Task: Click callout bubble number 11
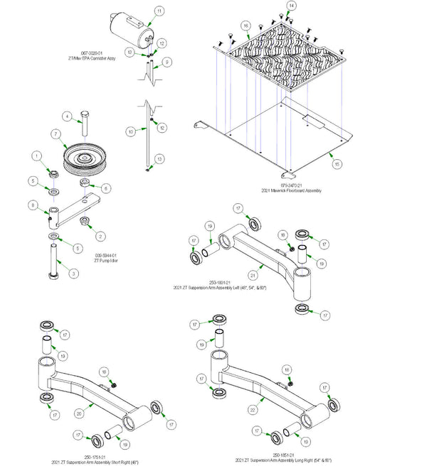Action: [159, 11]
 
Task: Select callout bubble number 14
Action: [290, 6]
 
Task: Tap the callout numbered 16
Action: [246, 26]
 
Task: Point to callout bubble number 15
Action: [337, 163]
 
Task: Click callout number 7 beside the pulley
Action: [55, 134]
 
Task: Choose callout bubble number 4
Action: [66, 116]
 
